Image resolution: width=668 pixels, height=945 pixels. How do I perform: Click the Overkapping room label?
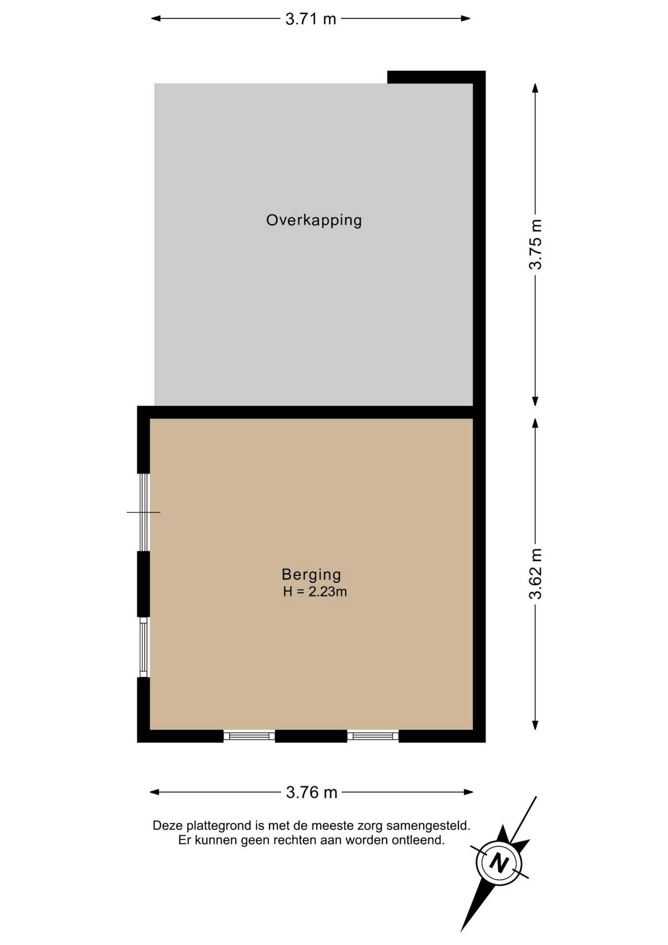[x=314, y=220]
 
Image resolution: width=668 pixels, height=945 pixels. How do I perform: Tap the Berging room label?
[x=311, y=574]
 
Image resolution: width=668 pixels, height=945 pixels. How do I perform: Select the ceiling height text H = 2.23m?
[x=315, y=592]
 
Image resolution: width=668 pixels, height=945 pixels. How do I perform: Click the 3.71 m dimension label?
[x=311, y=19]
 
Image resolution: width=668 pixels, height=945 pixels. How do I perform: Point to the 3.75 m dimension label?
[x=535, y=245]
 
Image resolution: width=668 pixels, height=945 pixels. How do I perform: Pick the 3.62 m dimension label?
[x=535, y=574]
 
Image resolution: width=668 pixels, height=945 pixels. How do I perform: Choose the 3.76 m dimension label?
[x=312, y=792]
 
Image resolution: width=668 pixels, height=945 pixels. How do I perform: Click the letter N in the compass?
[x=499, y=863]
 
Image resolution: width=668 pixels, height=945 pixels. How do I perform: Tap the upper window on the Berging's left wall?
[x=144, y=512]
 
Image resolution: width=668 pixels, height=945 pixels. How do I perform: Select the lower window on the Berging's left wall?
[x=143, y=647]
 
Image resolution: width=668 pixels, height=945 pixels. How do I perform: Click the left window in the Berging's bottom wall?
[x=249, y=736]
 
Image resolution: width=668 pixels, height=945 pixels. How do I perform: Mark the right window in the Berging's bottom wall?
[x=373, y=736]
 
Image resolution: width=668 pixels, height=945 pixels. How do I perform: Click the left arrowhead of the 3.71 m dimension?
[x=156, y=19]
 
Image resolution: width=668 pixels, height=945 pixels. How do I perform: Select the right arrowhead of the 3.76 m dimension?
[x=468, y=792]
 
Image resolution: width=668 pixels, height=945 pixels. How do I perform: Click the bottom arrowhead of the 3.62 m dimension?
[x=535, y=725]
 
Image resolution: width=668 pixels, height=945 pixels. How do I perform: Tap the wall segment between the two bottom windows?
[x=311, y=736]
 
